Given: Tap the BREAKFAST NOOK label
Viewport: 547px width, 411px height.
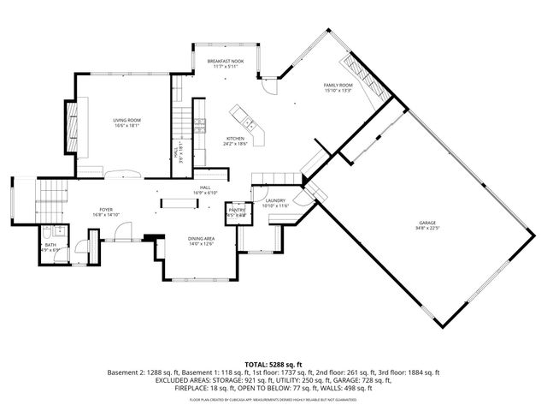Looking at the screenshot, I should click(x=225, y=62).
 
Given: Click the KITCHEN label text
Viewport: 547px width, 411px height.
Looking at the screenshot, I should click(x=236, y=138).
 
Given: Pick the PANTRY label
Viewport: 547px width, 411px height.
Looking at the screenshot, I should click(x=236, y=210).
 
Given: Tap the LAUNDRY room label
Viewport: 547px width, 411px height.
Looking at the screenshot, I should click(x=275, y=200).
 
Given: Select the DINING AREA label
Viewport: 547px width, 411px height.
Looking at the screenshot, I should click(x=201, y=239).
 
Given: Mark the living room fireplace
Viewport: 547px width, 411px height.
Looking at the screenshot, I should click(x=74, y=126).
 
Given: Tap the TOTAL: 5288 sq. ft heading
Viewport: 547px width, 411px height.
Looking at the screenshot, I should click(x=273, y=364).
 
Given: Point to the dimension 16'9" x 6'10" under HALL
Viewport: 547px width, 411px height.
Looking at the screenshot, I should click(x=205, y=193).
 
